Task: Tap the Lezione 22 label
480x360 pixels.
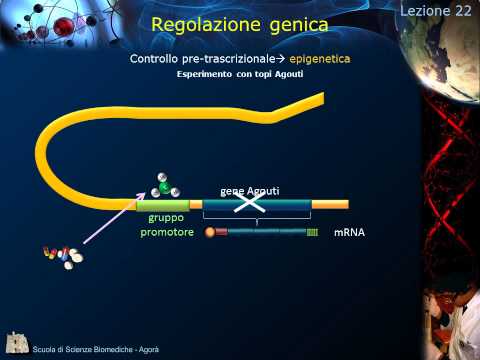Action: pyautogui.click(x=437, y=10)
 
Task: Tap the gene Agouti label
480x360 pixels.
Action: pyautogui.click(x=249, y=190)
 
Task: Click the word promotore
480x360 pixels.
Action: pyautogui.click(x=166, y=232)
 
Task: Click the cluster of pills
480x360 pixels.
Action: pyautogui.click(x=62, y=257)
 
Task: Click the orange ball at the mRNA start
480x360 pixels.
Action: pyautogui.click(x=210, y=232)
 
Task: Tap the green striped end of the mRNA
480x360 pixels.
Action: pyautogui.click(x=313, y=232)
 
